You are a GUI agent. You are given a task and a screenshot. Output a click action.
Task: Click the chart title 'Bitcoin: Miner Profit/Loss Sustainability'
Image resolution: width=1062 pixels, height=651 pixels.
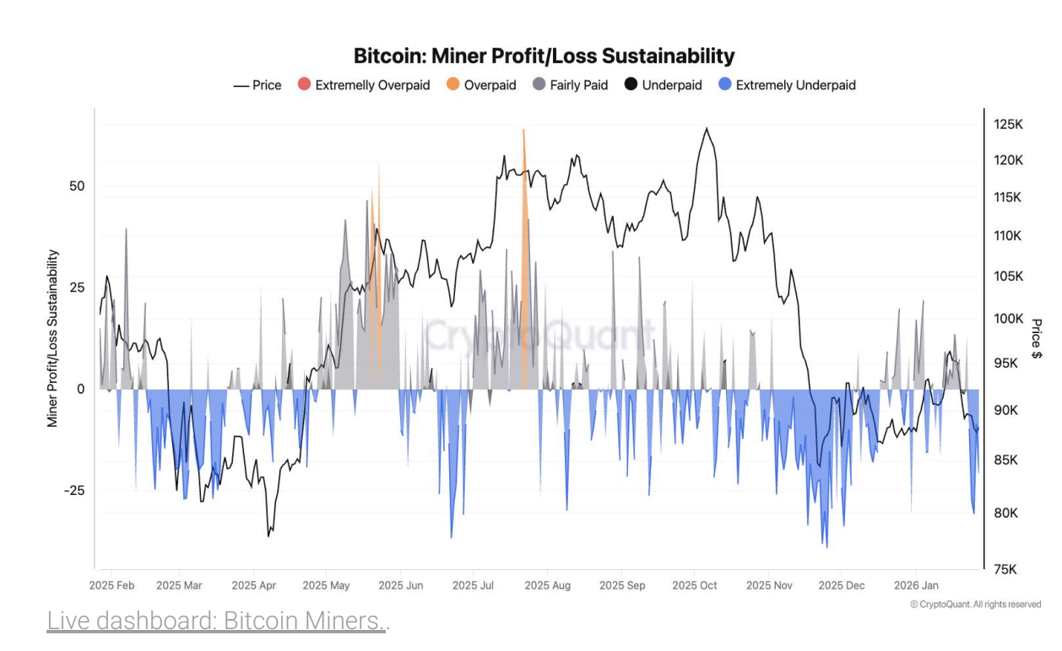(x=544, y=56)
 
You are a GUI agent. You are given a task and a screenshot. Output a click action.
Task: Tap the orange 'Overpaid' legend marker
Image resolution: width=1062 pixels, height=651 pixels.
(x=453, y=85)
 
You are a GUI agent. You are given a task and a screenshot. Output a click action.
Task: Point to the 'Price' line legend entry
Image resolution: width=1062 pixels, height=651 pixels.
(x=257, y=85)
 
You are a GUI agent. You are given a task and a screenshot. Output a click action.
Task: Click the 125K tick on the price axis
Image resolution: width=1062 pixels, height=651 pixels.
(x=1008, y=125)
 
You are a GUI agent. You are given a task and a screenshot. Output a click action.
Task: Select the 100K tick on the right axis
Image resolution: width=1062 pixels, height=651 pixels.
(x=1008, y=319)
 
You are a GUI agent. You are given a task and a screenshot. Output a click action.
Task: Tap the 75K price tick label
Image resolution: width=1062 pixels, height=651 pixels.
(x=1005, y=569)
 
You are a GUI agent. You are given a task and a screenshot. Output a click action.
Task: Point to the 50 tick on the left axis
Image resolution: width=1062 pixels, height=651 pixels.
(x=77, y=186)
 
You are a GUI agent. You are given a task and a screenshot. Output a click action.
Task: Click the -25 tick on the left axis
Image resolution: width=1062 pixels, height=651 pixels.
(x=74, y=491)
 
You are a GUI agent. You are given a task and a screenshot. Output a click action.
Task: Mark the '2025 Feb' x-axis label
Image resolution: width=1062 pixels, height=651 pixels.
(x=112, y=585)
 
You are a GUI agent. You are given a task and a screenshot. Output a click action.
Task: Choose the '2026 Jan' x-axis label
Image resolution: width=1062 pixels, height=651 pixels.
(x=916, y=585)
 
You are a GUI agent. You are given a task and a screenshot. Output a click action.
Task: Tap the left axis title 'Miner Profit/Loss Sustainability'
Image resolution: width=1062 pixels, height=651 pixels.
(x=52, y=338)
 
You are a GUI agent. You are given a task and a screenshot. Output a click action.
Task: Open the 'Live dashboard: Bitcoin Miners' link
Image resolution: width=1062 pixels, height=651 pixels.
(x=215, y=621)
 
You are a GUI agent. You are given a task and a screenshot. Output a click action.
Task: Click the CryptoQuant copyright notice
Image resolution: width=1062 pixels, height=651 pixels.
(x=975, y=605)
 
